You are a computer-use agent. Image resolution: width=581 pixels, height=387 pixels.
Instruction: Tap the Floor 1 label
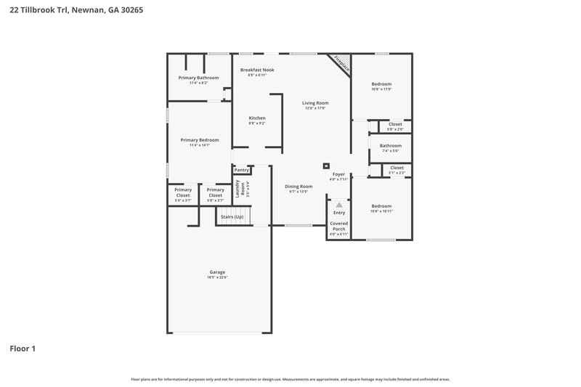23,349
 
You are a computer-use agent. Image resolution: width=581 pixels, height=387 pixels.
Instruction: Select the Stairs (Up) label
232,216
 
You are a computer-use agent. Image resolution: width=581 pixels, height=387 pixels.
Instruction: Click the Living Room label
315,103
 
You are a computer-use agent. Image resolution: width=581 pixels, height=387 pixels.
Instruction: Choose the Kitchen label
257,118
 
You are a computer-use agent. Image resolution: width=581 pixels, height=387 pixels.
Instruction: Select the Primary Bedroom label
200,140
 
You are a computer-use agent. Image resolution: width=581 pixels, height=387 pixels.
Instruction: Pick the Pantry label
241,170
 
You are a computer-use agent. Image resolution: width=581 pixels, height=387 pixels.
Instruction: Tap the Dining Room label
298,187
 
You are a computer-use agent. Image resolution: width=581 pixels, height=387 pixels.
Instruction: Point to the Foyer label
338,174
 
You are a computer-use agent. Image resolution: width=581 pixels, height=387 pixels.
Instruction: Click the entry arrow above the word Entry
338,205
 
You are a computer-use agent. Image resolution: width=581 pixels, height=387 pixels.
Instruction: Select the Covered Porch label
338,226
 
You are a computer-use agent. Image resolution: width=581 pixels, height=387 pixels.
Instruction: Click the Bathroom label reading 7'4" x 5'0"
390,146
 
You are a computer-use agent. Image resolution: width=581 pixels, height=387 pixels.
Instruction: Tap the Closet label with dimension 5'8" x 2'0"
395,124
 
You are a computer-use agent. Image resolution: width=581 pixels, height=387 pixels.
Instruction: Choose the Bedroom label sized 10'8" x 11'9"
381,84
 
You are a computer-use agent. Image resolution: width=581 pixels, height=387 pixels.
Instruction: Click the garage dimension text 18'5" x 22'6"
217,277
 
